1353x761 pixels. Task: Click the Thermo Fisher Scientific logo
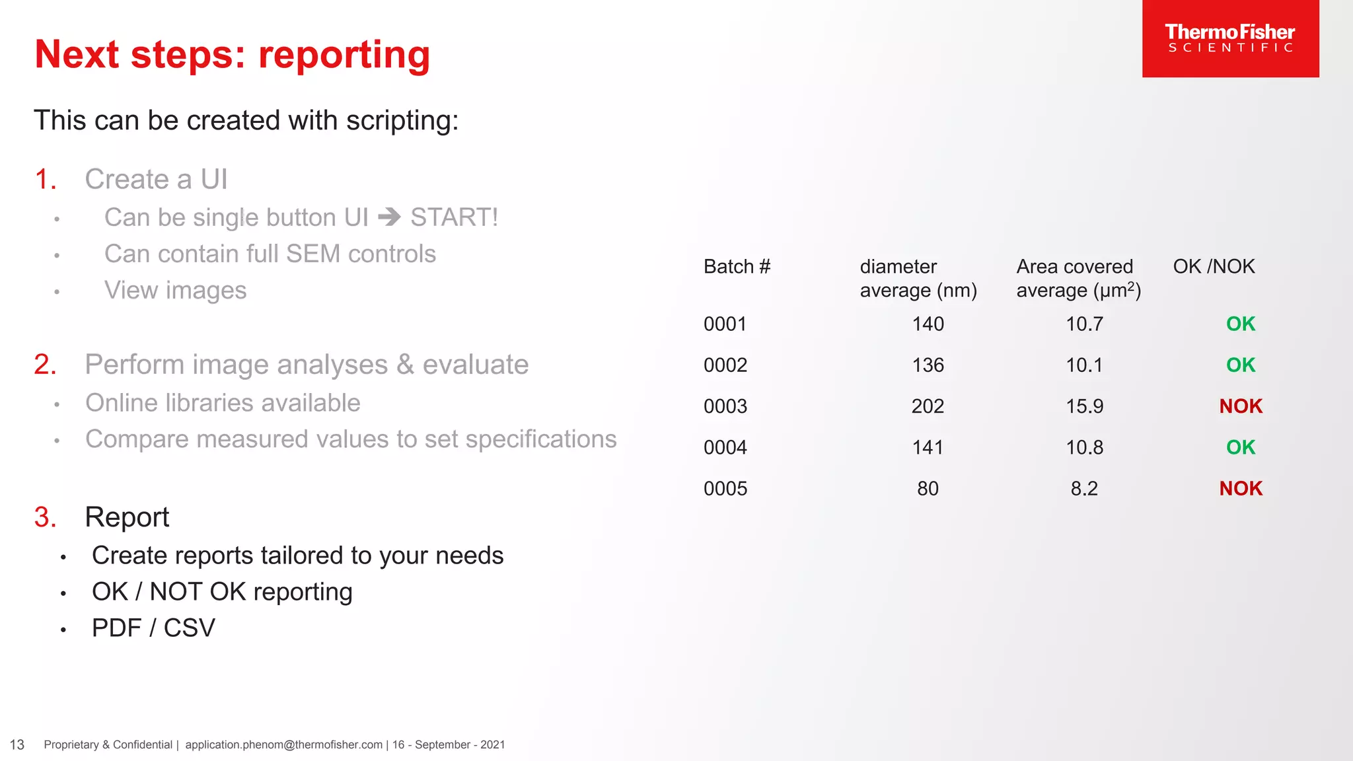pyautogui.click(x=1229, y=38)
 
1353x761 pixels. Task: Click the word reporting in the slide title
pyautogui.click(x=344, y=54)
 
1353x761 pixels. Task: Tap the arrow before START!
pyautogui.click(x=389, y=217)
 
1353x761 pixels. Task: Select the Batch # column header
pyautogui.click(x=737, y=266)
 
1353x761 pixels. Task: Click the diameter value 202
pyautogui.click(x=928, y=406)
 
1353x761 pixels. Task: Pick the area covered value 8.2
pyautogui.click(x=1084, y=489)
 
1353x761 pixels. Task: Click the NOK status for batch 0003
pyautogui.click(x=1240, y=406)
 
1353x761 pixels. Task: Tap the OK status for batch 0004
pyautogui.click(x=1240, y=447)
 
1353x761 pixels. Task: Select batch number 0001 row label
pyautogui.click(x=725, y=324)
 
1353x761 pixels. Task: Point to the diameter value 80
pyautogui.click(x=928, y=489)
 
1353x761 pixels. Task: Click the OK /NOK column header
pyautogui.click(x=1213, y=266)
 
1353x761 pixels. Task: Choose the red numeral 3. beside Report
pyautogui.click(x=45, y=517)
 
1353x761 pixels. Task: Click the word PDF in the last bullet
pyautogui.click(x=116, y=628)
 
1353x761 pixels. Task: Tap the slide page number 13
pyautogui.click(x=17, y=745)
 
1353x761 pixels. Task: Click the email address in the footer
pyautogui.click(x=283, y=745)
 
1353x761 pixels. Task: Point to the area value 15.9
pyautogui.click(x=1084, y=406)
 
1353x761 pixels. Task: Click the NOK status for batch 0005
pyautogui.click(x=1240, y=489)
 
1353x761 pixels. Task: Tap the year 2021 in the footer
pyautogui.click(x=492, y=745)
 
